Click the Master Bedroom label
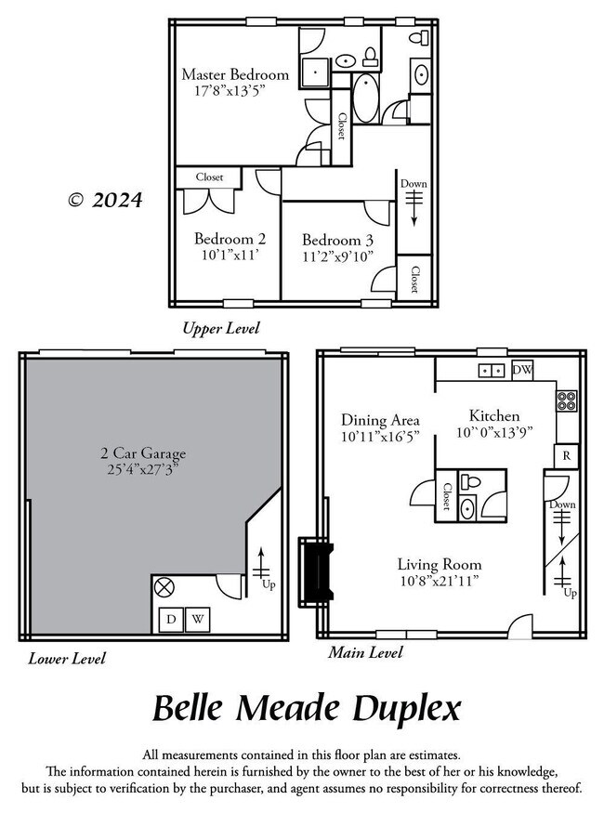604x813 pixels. pos(234,74)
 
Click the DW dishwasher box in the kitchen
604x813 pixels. pos(522,369)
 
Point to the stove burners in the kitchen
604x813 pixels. pos(566,401)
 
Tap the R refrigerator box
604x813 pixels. pos(566,456)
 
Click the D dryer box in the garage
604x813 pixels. pos(172,619)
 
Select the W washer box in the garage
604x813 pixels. pos(199,619)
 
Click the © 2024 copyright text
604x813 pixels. pos(105,200)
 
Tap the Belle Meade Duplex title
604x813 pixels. pos(306,709)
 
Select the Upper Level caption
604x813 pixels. pos(221,328)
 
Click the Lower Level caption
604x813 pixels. pos(67,659)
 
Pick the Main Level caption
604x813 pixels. pos(365,653)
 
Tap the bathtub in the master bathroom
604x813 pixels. pos(364,99)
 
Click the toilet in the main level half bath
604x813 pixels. pos(470,484)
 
